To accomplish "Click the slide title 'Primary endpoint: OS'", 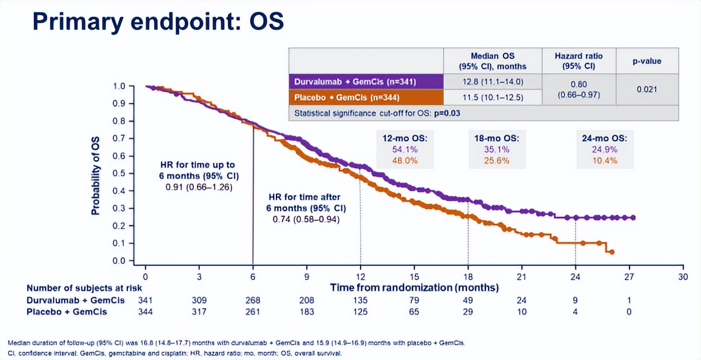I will coord(158,22).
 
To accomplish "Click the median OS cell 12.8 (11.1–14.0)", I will coord(492,82).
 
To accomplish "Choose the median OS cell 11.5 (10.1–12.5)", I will coord(492,97).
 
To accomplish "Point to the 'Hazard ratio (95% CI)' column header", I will coord(578,61).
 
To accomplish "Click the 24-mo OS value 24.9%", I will coord(604,150).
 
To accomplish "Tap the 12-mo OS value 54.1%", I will coord(405,150).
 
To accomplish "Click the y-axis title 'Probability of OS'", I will coord(95,175).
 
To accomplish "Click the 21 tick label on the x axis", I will coord(521,277).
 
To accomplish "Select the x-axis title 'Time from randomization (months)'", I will coord(414,287).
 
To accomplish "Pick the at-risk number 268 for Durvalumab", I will coord(253,300).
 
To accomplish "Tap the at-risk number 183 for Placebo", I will coord(306,311).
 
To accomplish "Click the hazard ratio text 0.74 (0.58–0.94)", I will coord(306,220).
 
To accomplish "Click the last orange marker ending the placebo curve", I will coord(612,252).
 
